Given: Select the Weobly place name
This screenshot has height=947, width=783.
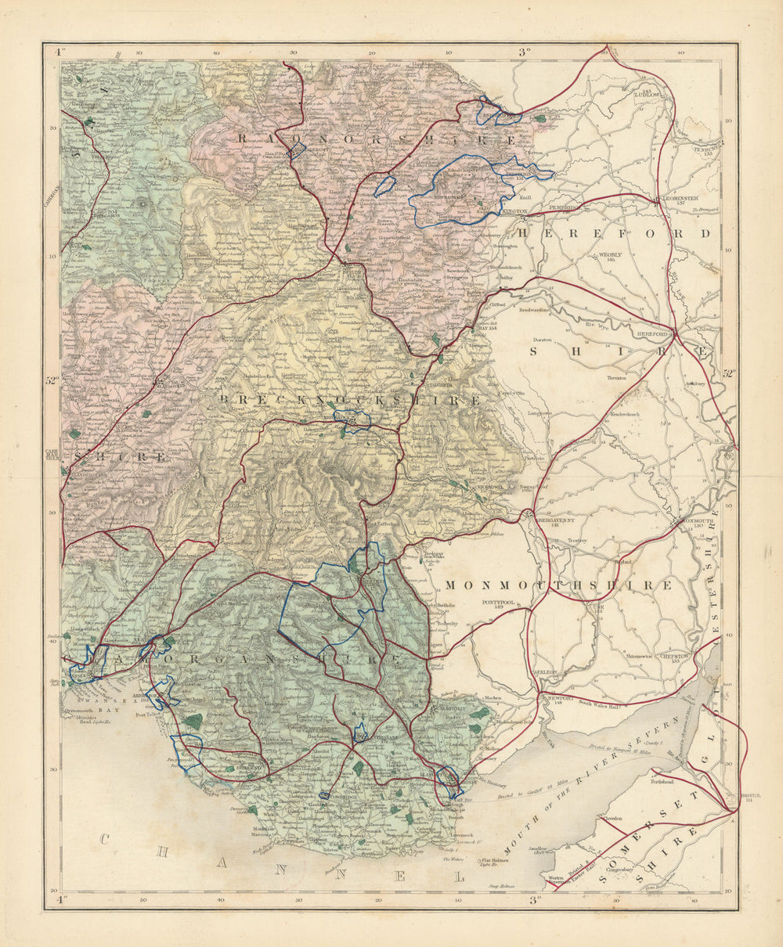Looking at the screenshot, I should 610,255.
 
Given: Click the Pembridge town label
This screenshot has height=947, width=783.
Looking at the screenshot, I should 562,207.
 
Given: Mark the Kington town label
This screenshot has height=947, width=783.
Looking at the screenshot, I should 515,211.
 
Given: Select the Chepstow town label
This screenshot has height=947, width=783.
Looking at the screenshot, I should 673,657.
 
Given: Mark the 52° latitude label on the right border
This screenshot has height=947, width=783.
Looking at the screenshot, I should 729,374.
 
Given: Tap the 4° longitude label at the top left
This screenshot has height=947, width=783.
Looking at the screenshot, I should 58,52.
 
